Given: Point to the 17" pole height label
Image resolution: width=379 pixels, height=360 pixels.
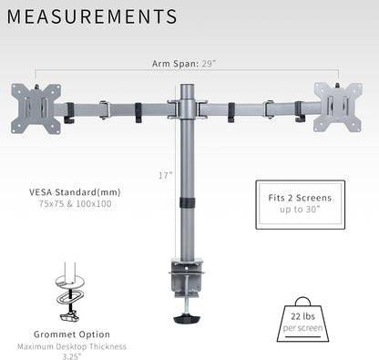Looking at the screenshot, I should point(165,174).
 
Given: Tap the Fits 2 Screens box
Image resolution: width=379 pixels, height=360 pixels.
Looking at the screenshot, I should point(300,203).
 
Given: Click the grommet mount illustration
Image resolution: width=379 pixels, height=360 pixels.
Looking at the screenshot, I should point(68,291).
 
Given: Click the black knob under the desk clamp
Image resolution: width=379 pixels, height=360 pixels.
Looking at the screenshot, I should point(189,320).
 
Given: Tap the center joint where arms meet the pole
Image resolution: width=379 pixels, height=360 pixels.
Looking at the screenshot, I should point(188,108).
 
